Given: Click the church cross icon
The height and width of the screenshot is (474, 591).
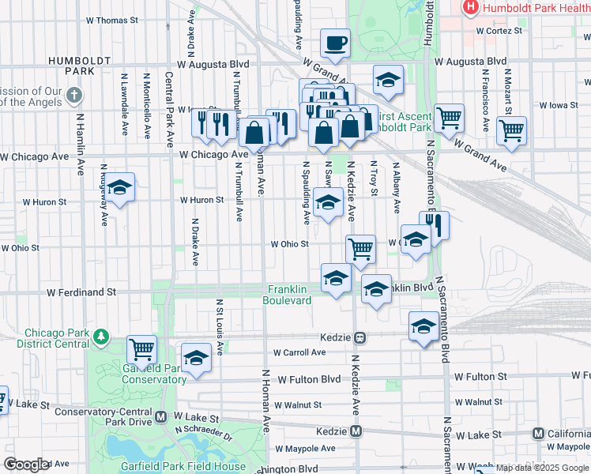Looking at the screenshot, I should [x=74, y=96].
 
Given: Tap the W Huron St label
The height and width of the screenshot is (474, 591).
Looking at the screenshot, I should [x=202, y=200].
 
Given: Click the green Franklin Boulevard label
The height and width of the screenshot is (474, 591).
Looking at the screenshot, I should [x=288, y=295].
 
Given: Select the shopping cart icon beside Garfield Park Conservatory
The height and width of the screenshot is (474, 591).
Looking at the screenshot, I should [x=141, y=348].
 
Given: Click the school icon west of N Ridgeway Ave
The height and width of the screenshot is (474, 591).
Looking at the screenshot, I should [x=119, y=187].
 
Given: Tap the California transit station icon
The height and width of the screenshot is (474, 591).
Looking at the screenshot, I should [x=539, y=434].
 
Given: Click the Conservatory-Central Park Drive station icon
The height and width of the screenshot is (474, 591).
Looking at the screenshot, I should [x=161, y=416].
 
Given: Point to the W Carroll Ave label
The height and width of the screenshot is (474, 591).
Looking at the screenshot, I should [x=299, y=352].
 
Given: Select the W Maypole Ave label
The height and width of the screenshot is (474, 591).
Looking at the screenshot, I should [x=305, y=448].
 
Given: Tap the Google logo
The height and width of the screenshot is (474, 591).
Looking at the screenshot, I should [x=26, y=464].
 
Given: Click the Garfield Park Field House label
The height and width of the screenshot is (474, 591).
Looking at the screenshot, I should [x=183, y=467].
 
